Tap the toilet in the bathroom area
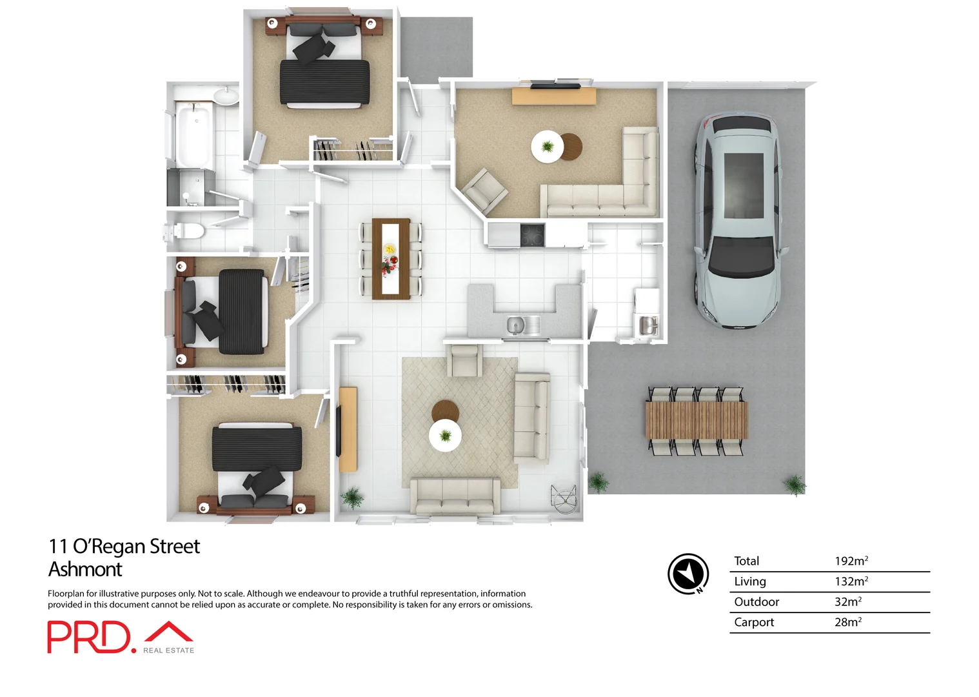pyautogui.click(x=186, y=231)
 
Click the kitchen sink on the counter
pyautogui.click(x=515, y=325)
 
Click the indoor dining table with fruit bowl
pyautogui.click(x=391, y=258)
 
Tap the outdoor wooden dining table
pyautogui.click(x=697, y=420)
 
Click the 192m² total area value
pyautogui.click(x=851, y=561)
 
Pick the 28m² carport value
pyautogui.click(x=847, y=622)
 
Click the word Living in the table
pyautogui.click(x=750, y=581)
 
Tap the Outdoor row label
pyautogui.click(x=756, y=602)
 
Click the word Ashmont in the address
pyautogui.click(x=85, y=569)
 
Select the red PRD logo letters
pyautogui.click(x=88, y=638)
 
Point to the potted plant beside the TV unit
pyautogui.click(x=352, y=498)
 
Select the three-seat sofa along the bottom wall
pyautogui.click(x=455, y=496)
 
